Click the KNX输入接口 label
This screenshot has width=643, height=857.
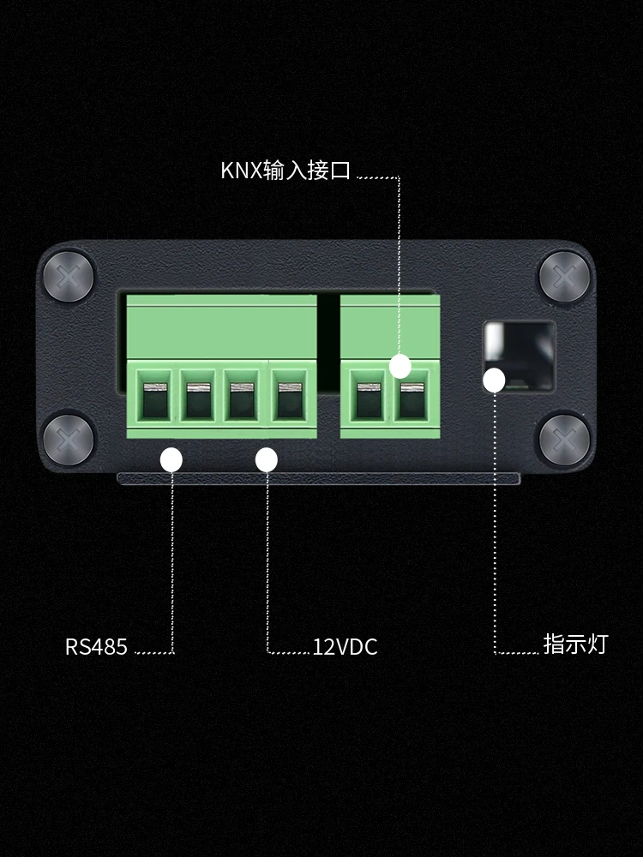click(285, 170)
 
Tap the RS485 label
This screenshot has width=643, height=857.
click(96, 646)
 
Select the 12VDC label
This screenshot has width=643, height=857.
click(345, 646)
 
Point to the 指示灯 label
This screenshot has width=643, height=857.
click(574, 644)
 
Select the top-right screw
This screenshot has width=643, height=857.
click(565, 276)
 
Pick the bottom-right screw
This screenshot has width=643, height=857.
click(565, 440)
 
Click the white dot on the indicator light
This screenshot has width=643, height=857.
click(494, 381)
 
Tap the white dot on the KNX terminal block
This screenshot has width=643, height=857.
click(400, 366)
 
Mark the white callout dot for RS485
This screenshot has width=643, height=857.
click(171, 460)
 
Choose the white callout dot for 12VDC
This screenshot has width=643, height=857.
click(267, 460)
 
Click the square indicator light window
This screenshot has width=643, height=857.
click(518, 355)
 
